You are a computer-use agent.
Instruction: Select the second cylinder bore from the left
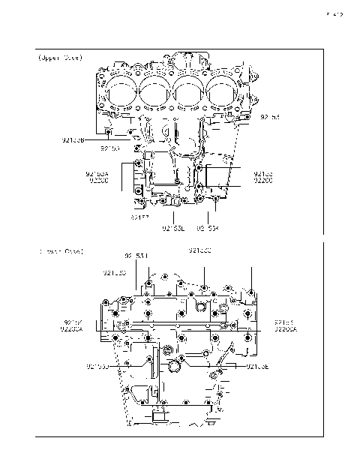(x=154, y=92)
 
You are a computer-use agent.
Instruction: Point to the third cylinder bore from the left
(x=188, y=92)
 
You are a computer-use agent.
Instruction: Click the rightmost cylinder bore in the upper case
(x=222, y=92)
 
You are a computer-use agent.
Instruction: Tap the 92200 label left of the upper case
(x=99, y=181)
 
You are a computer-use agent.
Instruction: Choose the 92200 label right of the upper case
(x=263, y=181)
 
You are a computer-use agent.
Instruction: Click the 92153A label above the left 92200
(x=98, y=173)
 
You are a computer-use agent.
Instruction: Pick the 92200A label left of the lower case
(x=72, y=328)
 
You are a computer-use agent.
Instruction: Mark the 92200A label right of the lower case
(x=286, y=328)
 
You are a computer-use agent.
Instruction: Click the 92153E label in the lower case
(x=259, y=367)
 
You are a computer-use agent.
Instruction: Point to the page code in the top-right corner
(x=334, y=13)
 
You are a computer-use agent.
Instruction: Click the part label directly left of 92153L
(x=139, y=217)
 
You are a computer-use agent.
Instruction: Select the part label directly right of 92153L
(x=208, y=228)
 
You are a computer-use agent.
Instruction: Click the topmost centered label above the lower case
(x=199, y=250)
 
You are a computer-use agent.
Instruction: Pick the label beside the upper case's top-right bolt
(x=270, y=118)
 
